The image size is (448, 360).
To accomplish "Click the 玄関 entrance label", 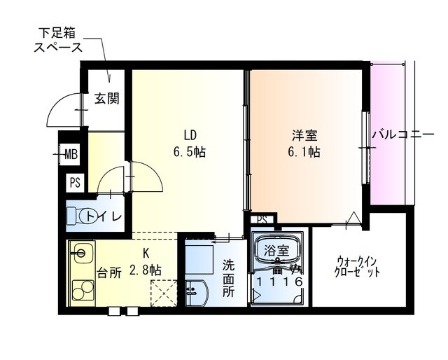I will [x=107, y=98].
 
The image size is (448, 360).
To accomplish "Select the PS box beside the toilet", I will [x=74, y=184].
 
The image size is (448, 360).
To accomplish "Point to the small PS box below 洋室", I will [x=262, y=219].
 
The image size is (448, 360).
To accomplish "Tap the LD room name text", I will [x=190, y=134].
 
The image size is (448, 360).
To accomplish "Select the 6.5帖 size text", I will [x=190, y=151].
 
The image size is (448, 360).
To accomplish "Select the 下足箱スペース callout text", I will [x=59, y=41].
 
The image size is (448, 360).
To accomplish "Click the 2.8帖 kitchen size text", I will [x=146, y=270].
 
